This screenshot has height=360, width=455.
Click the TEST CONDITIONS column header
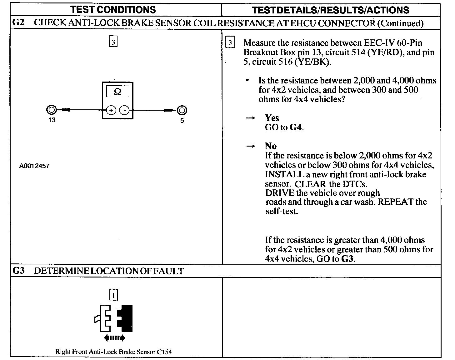[113, 10]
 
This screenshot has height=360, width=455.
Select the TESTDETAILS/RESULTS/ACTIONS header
[331, 10]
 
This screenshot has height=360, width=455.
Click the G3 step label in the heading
[18, 271]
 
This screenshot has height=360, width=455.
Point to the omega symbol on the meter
[117, 92]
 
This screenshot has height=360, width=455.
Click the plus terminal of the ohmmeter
[111, 110]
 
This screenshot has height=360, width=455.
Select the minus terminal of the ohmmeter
[124, 110]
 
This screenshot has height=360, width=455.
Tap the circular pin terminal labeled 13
[52, 110]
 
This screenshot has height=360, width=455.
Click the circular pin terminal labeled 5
[182, 110]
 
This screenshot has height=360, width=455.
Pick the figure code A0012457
[34, 166]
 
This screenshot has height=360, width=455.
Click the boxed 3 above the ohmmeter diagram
[113, 42]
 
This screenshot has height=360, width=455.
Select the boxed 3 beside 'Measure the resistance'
[230, 42]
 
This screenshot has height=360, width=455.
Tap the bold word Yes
[272, 118]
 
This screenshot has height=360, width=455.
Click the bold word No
[271, 146]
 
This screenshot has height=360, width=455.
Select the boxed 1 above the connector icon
[113, 295]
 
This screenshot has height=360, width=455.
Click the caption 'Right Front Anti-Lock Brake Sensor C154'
[113, 352]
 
